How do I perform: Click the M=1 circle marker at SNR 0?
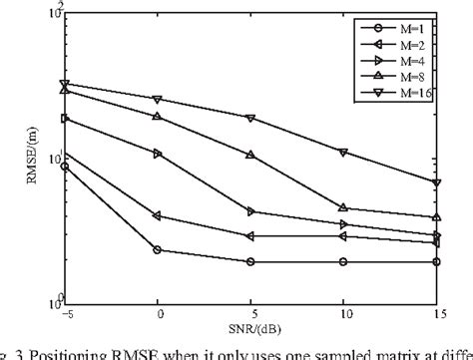click(x=158, y=249)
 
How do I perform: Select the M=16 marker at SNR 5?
click(x=250, y=118)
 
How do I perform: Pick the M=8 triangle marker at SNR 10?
click(x=343, y=207)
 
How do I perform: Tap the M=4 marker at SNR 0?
click(x=158, y=154)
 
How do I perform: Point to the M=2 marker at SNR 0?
click(x=158, y=215)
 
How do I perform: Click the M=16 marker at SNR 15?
click(x=436, y=182)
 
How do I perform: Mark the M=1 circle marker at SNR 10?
click(x=343, y=261)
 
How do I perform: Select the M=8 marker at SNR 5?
click(x=250, y=155)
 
